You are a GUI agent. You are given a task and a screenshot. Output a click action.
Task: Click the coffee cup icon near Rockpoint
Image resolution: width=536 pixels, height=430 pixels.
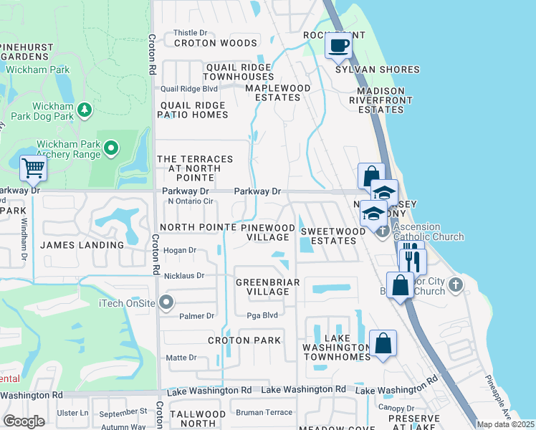tap(338, 46)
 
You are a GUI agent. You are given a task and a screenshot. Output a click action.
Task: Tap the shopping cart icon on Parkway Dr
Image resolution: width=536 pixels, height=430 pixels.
tap(33, 169)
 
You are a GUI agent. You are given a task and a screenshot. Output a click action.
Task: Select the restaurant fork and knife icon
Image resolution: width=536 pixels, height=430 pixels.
tap(411, 259)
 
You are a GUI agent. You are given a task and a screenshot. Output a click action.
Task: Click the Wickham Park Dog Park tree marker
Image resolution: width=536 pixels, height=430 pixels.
tap(85, 109)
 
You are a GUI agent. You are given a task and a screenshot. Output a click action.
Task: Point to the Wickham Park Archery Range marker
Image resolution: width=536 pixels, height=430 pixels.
tap(111, 148)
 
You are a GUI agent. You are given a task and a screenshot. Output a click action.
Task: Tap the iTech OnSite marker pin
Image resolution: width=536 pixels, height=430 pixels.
tap(167, 301)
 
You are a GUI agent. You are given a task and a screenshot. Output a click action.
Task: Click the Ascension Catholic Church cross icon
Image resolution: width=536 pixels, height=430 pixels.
tap(383, 230)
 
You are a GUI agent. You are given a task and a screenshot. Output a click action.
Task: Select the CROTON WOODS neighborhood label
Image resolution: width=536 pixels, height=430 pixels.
tap(205, 43)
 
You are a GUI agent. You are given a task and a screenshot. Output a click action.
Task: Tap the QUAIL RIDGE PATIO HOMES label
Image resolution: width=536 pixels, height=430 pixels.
tap(193, 110)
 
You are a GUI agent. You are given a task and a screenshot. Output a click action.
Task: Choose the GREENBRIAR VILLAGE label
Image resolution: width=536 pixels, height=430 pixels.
tap(263, 287)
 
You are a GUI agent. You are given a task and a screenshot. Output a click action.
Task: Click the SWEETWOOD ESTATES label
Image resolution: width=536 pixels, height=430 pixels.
tap(329, 236)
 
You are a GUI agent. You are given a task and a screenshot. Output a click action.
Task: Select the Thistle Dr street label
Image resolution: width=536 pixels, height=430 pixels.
tap(190, 32)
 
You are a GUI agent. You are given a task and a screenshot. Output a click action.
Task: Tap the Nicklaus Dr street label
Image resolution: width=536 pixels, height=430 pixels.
tap(186, 275)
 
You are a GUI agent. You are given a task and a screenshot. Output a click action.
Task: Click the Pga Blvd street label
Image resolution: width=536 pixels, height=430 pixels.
tap(261, 315)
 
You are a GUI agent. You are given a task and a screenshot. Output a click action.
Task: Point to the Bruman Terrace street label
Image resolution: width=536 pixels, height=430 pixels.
tap(264, 412)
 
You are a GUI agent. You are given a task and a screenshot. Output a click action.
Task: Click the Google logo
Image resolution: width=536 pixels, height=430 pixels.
tap(24, 421)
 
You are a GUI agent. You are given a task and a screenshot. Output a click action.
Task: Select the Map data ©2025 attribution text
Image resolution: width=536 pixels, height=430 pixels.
tap(505, 424)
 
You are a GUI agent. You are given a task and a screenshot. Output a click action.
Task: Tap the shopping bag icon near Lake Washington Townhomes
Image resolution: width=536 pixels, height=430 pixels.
tap(383, 343)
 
